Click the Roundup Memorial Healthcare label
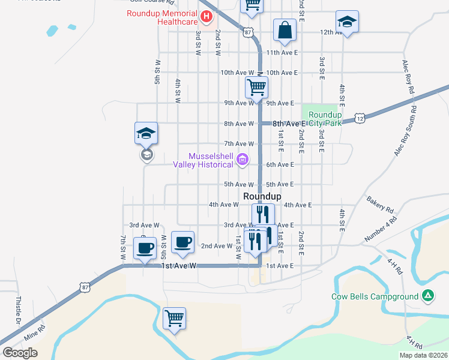[161, 17]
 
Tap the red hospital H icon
[206, 16]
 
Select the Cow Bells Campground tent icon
[427, 296]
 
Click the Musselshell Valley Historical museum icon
[242, 160]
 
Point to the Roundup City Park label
[325, 119]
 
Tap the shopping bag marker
[285, 30]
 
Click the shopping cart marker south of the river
[174, 318]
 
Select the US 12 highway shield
[360, 119]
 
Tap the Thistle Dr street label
[18, 309]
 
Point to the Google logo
[20, 353]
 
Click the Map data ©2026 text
[423, 355]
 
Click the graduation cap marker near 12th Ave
[347, 22]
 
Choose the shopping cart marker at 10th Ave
[256, 86]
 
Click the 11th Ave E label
[283, 53]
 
